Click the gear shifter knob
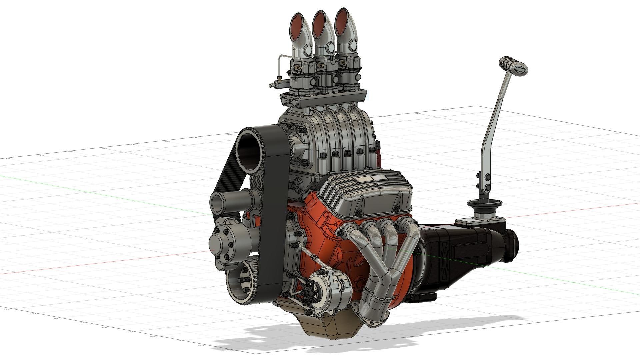click(514, 64)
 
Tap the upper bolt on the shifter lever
click(487, 176)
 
